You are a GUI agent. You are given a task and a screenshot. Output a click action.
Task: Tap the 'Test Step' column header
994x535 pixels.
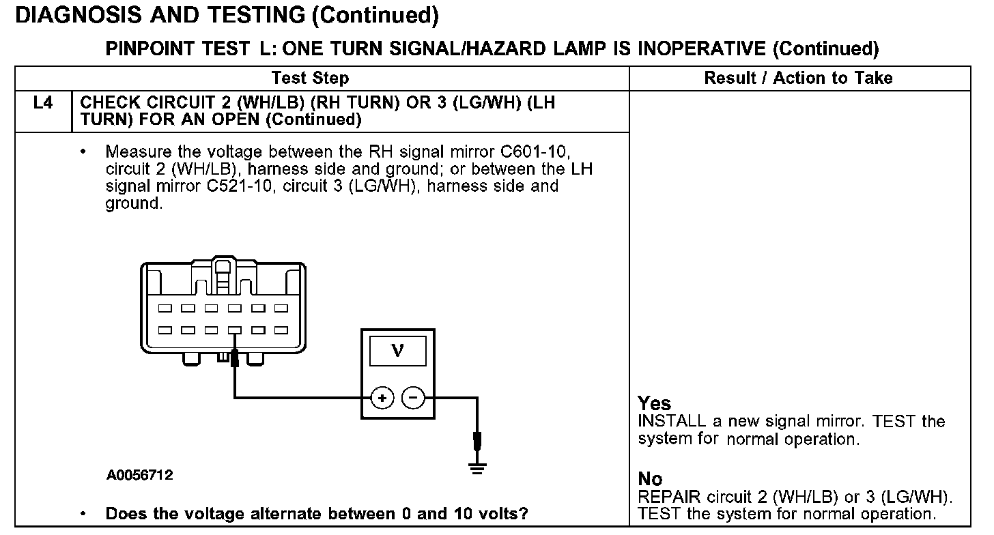(310, 78)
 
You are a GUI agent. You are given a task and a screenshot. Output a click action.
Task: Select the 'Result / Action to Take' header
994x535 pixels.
(798, 78)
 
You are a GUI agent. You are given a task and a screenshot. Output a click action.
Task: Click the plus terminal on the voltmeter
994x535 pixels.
(383, 397)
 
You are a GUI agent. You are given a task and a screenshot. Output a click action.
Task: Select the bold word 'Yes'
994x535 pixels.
(654, 403)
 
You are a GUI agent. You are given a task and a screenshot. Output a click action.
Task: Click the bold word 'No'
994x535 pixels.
(650, 480)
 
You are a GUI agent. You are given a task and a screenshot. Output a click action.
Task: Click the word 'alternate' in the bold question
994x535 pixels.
(274, 514)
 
